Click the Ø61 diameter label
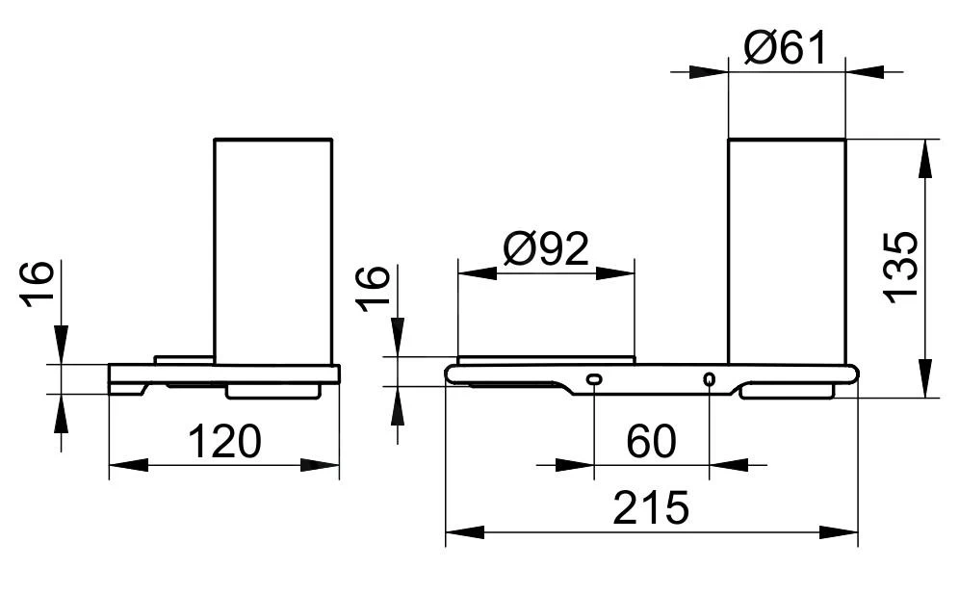point(786,46)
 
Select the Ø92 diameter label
point(545,250)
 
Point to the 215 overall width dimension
point(651,507)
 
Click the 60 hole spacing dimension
point(651,443)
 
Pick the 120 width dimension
point(223,443)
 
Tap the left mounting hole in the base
point(593,379)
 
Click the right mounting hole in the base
point(710,379)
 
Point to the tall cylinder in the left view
point(272,250)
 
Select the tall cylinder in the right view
point(786,250)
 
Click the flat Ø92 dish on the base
point(546,360)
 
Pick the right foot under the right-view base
point(787,391)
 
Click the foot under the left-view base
point(272,391)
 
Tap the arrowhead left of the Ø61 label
point(713,71)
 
